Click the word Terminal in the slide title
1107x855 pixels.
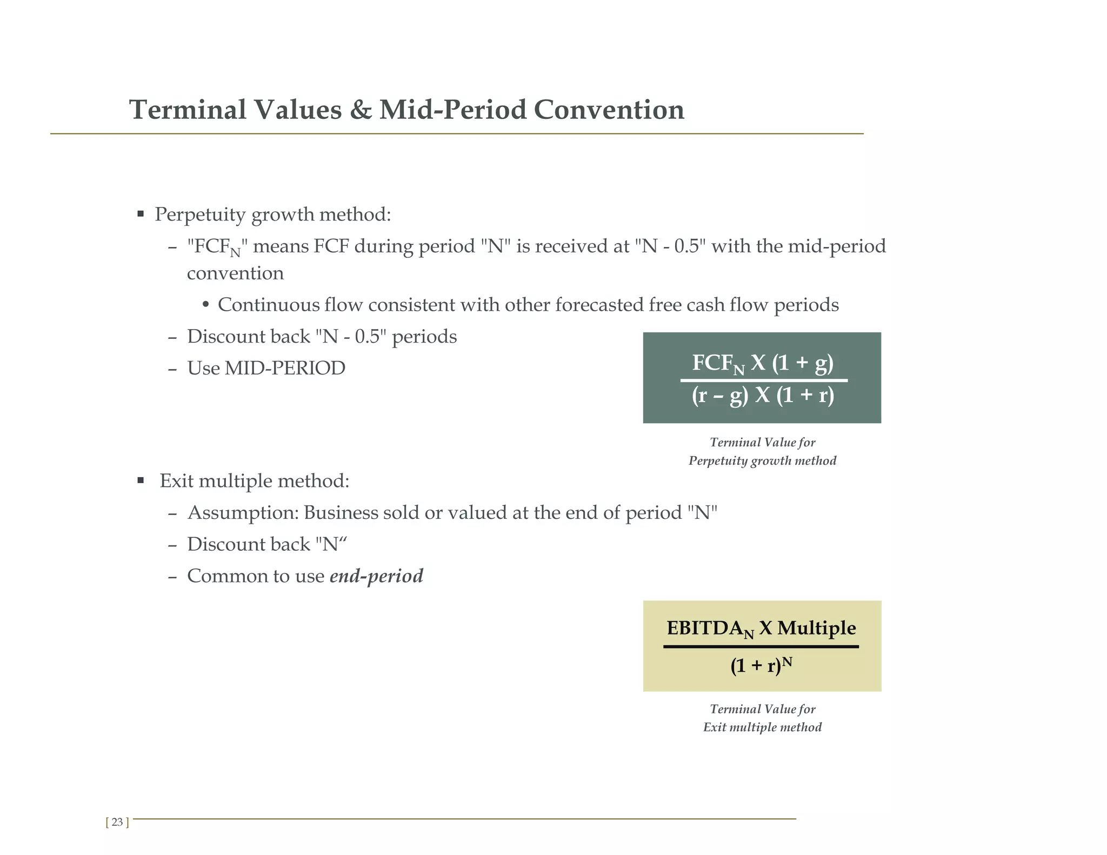pos(188,110)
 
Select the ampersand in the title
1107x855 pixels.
pos(360,110)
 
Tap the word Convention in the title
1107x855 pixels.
pos(609,110)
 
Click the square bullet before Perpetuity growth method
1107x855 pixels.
pos(141,214)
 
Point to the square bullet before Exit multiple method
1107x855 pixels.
pos(141,480)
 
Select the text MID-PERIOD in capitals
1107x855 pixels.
pos(285,368)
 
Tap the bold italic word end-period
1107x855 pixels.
pos(376,576)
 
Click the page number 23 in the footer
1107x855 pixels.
pos(117,823)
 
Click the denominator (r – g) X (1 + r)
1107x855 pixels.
pos(763,396)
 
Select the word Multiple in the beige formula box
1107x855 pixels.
pos(816,628)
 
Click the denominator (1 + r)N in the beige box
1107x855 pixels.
pos(761,665)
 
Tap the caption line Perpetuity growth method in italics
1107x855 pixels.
pos(762,461)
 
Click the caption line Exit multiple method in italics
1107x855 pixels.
pos(762,727)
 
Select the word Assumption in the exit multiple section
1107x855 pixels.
pos(243,512)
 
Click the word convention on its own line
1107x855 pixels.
pos(235,273)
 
